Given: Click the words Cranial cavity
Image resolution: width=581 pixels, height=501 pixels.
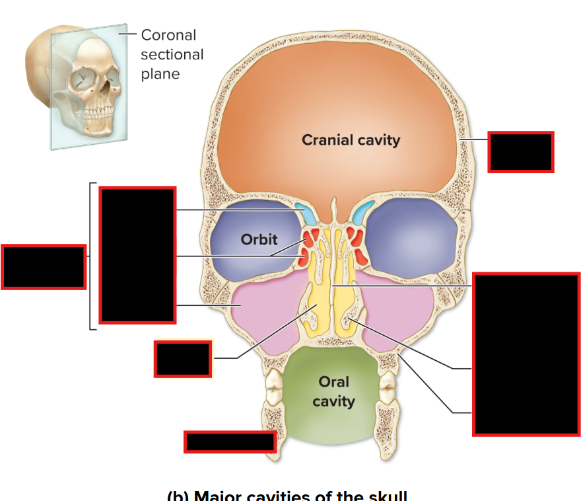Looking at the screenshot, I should [x=351, y=139].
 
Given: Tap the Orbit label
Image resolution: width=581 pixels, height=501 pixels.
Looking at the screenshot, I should [x=259, y=239].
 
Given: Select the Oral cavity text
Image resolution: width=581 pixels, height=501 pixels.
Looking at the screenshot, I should [x=333, y=391].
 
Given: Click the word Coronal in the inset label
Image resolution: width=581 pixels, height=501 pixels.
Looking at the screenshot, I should [x=168, y=35].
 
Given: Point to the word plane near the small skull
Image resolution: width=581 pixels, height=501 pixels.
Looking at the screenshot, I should [x=160, y=73].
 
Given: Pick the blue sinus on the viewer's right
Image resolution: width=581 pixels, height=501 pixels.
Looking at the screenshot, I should [x=362, y=212].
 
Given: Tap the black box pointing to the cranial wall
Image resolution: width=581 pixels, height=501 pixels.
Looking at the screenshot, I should [x=520, y=152].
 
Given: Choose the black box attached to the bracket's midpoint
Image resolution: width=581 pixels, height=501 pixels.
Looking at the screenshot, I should [x=44, y=266].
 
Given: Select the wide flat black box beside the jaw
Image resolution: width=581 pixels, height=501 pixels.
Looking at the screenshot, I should [x=230, y=442].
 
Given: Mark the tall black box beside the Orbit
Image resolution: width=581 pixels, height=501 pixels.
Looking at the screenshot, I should [x=137, y=255].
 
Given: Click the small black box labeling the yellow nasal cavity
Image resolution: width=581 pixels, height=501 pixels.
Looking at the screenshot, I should [x=183, y=359].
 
